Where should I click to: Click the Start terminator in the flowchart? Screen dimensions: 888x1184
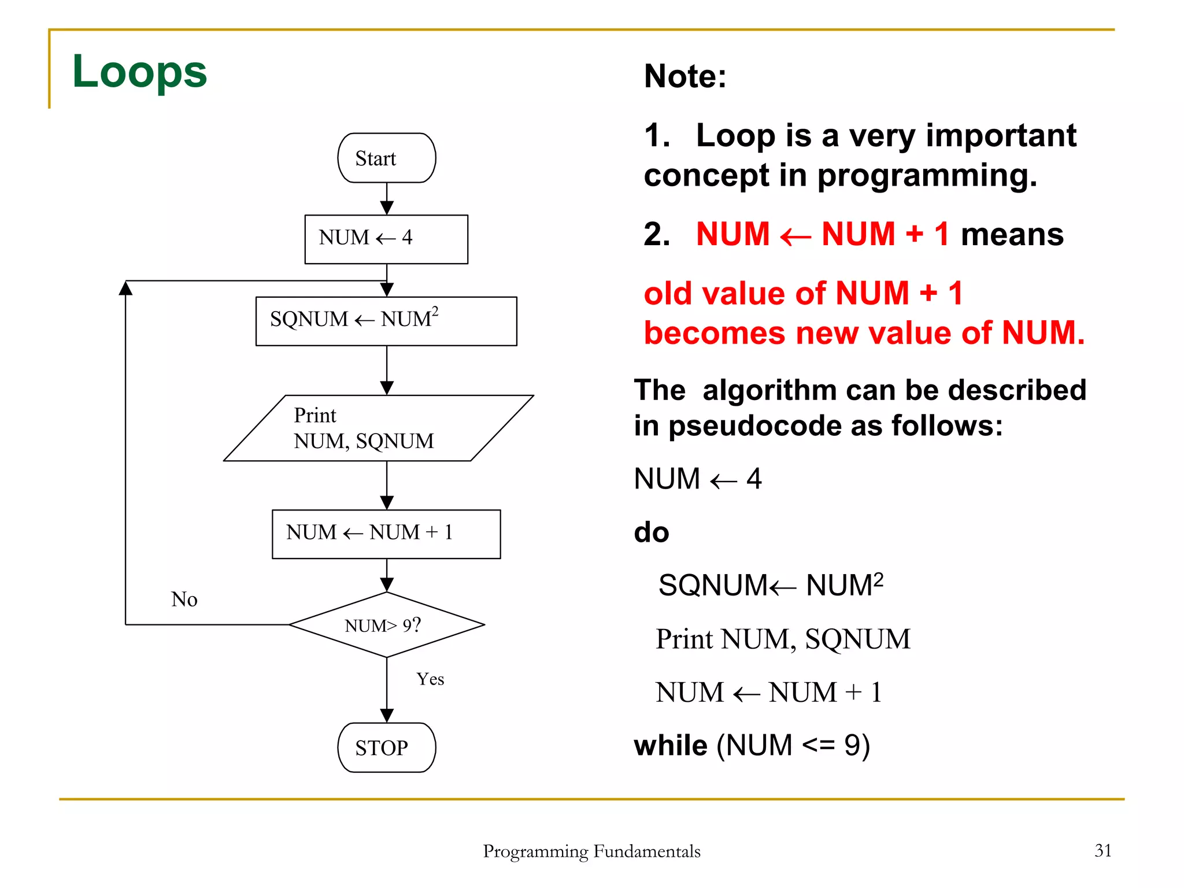[x=386, y=158]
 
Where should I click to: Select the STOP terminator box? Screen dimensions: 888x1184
[x=386, y=748]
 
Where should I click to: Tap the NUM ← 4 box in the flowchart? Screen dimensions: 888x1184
[x=386, y=239]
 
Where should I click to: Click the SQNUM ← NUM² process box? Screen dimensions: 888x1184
[x=386, y=321]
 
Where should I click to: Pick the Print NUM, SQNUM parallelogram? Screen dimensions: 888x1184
[x=379, y=428]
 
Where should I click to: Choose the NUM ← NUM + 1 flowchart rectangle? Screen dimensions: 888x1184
[x=386, y=534]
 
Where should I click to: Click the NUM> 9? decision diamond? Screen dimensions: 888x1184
[x=386, y=625]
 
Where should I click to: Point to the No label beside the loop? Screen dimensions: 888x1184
[x=184, y=600]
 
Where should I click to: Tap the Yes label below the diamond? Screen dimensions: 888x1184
[x=430, y=679]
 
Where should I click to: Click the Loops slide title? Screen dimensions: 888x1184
[x=139, y=72]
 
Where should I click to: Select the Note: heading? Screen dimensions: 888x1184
[x=685, y=76]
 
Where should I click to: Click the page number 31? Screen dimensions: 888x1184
[x=1102, y=850]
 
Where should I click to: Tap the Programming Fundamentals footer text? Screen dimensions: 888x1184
[x=591, y=851]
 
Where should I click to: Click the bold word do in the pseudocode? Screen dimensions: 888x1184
[x=652, y=532]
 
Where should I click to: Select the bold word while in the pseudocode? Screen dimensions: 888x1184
[x=671, y=745]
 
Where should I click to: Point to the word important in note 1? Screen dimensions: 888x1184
[x=1001, y=135]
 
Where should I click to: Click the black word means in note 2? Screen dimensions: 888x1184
[x=1012, y=235]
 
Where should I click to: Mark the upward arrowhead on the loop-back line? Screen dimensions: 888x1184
[x=125, y=287]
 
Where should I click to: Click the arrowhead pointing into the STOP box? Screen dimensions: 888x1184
[x=387, y=716]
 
